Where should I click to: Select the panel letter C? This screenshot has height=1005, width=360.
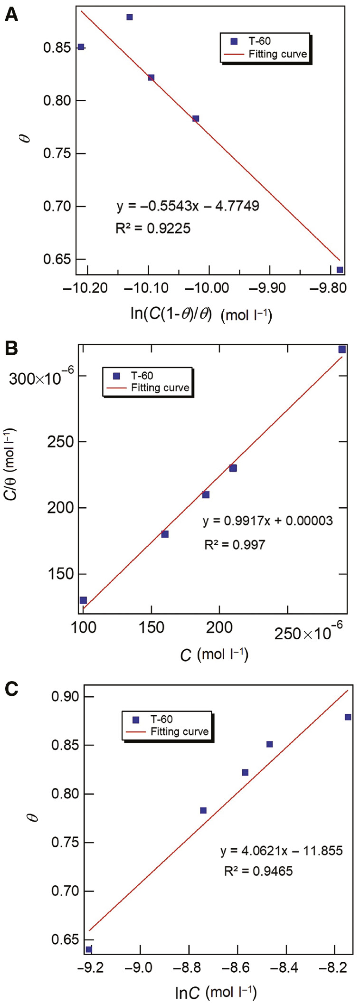point(11,689)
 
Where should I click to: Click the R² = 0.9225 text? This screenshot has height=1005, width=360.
point(153,228)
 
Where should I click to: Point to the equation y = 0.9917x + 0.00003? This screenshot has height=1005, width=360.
point(267,521)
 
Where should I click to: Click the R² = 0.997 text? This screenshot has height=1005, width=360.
point(235,545)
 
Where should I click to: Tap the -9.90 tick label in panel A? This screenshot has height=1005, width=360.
point(269,288)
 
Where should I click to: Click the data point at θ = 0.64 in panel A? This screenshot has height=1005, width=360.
point(340,270)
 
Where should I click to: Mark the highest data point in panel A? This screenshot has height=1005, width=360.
point(130,17)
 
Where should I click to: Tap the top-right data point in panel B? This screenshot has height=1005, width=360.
point(342,350)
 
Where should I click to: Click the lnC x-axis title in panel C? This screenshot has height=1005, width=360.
point(216,993)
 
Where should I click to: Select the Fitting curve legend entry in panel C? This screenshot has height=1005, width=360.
point(179,731)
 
